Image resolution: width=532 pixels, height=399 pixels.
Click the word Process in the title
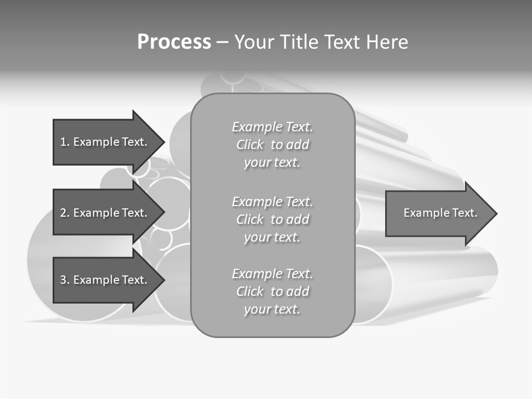coord(174,42)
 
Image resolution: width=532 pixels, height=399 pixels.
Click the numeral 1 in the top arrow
coord(63,142)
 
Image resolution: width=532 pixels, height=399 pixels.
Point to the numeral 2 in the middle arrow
coord(63,213)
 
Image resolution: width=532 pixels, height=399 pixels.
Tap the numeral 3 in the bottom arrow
coord(63,280)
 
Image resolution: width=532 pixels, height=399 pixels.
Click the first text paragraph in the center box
coord(272,145)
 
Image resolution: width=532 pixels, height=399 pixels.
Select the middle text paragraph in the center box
coord(272,219)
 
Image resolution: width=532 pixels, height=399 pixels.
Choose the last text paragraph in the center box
coord(272,291)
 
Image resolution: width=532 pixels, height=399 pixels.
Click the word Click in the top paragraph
coord(249,145)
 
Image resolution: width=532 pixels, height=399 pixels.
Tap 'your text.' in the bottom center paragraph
coord(272,309)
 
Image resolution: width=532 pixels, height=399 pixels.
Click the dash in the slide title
coord(222,42)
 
